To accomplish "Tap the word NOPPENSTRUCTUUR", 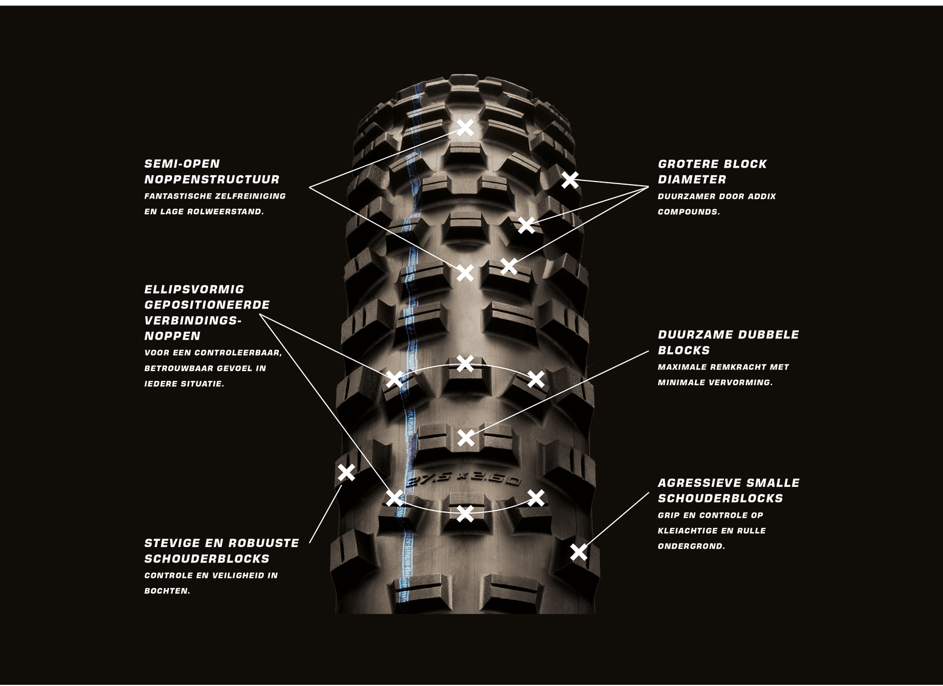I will click(212, 179).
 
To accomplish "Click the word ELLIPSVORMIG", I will click(194, 290).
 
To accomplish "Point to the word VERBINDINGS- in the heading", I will click(193, 320).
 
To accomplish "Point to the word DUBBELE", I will click(771, 335).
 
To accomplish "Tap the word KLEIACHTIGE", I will click(691, 531).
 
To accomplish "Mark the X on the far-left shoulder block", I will click(346, 472).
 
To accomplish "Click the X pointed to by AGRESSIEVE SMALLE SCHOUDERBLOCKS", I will click(578, 552).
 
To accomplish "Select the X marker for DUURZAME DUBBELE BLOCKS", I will click(466, 437).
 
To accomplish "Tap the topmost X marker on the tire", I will click(465, 128).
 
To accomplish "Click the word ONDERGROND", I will click(691, 546).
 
